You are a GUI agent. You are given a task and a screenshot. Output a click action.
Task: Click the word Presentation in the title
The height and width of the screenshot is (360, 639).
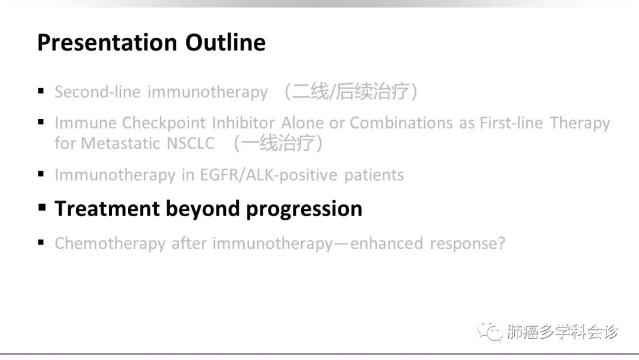[107, 43]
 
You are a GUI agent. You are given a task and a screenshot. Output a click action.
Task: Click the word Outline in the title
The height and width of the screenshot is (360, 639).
[225, 42]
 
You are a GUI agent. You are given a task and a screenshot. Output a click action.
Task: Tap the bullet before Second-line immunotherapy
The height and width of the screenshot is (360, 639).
[41, 91]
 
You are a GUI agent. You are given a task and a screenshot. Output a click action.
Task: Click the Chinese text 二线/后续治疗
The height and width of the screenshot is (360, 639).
[351, 91]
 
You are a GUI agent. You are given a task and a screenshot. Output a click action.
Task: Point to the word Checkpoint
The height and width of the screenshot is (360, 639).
[164, 123]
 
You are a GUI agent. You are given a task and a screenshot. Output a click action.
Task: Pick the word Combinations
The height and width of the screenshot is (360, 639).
[401, 123]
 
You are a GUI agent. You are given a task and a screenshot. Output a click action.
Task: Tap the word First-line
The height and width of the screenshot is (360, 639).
[511, 123]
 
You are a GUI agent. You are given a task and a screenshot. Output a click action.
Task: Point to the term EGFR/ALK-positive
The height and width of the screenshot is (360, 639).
[269, 175]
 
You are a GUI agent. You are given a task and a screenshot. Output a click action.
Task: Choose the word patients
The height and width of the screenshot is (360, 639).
[374, 175]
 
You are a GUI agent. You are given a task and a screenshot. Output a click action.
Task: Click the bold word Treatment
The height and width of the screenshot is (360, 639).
[107, 209]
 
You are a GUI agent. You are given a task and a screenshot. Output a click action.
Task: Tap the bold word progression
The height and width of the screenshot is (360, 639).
[304, 210]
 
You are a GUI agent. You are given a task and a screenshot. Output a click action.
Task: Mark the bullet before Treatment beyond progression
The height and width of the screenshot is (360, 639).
[42, 207]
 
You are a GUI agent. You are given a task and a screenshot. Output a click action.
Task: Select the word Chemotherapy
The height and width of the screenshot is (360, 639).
[110, 244]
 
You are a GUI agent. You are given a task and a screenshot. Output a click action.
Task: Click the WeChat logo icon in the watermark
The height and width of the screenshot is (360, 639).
[489, 330]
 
